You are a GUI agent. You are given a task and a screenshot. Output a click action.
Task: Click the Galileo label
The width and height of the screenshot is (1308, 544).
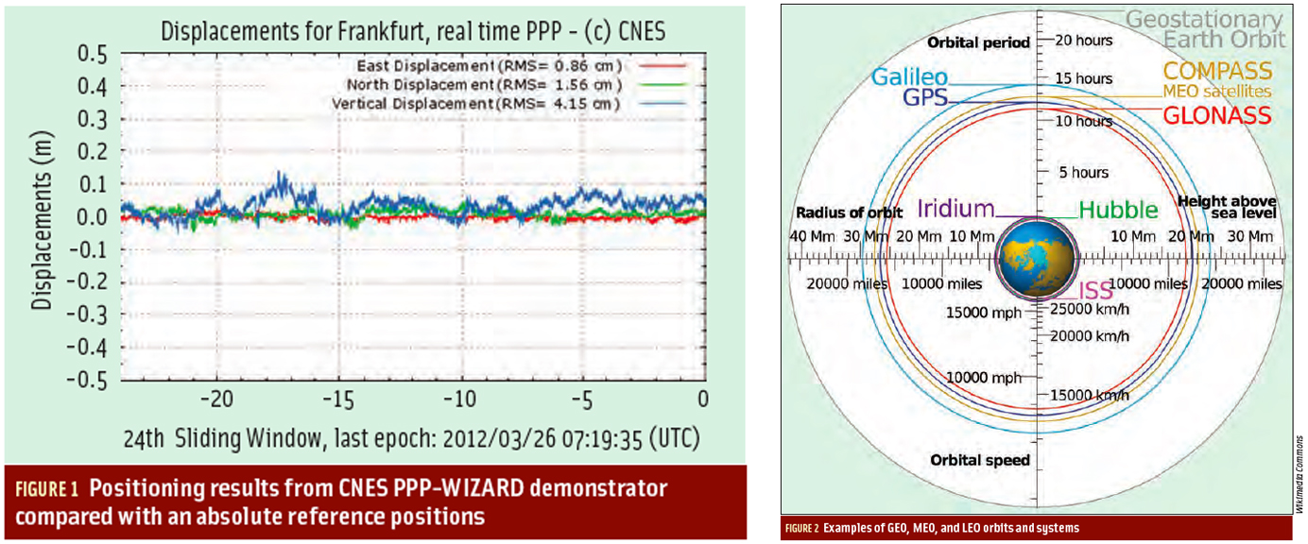click(x=908, y=77)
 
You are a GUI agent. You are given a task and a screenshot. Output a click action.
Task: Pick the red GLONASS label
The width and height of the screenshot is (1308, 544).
click(x=1215, y=115)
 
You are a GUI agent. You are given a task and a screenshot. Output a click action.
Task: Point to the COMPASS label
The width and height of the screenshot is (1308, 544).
click(x=1217, y=71)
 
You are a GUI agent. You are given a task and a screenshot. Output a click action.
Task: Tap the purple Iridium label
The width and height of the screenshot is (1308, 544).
click(x=955, y=209)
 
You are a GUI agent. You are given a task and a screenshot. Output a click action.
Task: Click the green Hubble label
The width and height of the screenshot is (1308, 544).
click(x=1118, y=210)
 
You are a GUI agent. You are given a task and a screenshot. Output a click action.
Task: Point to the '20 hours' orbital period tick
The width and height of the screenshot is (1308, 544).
click(x=1083, y=41)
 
